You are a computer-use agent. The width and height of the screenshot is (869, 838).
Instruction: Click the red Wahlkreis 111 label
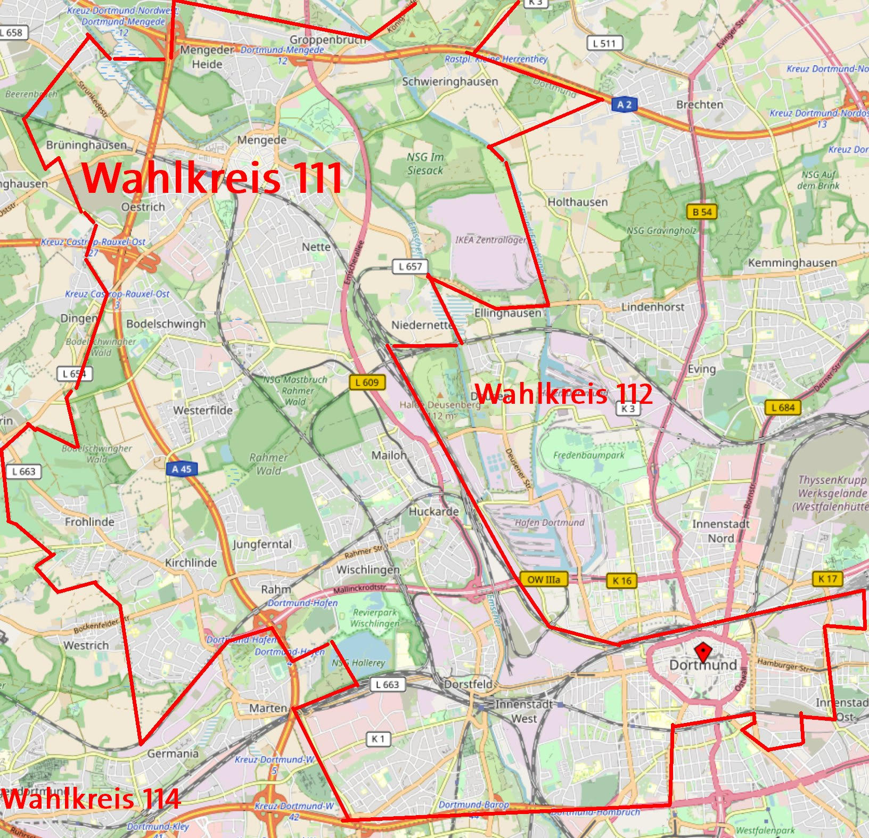tap(212, 177)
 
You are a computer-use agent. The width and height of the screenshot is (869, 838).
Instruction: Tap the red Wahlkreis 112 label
tap(563, 394)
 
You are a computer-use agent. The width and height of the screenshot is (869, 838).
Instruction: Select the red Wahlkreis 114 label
tap(91, 799)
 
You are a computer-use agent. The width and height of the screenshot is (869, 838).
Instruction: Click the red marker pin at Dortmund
tap(704, 651)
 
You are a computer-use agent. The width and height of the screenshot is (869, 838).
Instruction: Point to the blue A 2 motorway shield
tap(624, 104)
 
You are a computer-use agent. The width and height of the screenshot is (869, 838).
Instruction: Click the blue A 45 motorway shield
tap(181, 469)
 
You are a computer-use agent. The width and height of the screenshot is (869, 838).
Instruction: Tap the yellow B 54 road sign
tap(702, 212)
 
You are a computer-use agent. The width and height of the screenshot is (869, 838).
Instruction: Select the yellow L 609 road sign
tap(367, 382)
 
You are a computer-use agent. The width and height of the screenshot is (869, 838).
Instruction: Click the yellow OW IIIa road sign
tap(543, 580)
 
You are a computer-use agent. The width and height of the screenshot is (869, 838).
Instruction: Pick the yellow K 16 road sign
tap(622, 580)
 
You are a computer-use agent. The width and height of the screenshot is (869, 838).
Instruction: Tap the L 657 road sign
tap(410, 266)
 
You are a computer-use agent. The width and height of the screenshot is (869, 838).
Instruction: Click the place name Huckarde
tap(433, 511)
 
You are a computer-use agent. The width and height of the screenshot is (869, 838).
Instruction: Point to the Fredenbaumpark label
tap(588, 455)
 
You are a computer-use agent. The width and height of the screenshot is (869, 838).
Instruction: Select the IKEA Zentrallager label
tap(490, 240)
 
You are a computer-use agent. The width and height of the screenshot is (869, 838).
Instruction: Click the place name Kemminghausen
tap(792, 263)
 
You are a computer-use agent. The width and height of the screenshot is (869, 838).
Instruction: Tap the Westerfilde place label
tap(203, 410)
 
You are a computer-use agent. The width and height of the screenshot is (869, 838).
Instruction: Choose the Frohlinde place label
tap(89, 522)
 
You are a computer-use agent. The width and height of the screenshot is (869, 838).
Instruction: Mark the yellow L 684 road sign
tap(783, 408)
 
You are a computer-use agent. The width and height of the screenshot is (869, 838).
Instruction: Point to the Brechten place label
tap(699, 104)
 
